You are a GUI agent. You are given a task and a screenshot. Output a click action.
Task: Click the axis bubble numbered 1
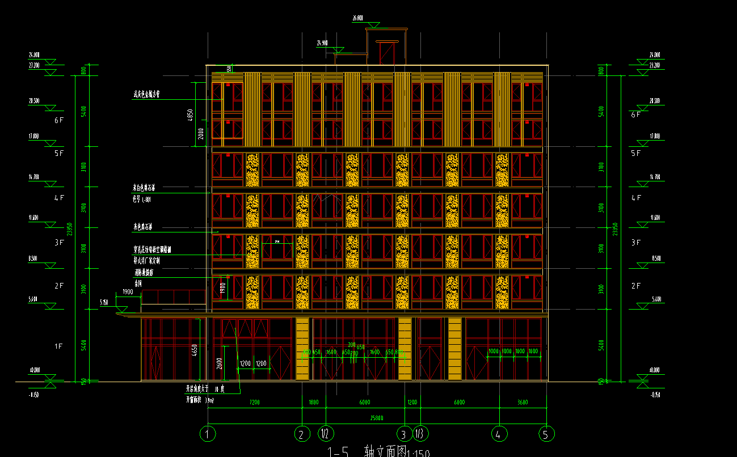208,434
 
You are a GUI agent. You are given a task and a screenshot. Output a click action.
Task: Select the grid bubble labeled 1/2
326,434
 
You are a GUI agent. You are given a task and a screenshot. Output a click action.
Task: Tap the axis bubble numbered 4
499,434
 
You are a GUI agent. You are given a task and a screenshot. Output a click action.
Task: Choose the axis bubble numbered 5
546,434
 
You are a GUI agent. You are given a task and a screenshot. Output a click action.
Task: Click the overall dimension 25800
377,418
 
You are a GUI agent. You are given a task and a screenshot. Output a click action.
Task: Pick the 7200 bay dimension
255,403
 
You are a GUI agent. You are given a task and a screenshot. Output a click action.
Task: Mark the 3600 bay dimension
523,403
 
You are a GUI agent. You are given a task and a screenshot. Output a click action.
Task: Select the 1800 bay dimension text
314,403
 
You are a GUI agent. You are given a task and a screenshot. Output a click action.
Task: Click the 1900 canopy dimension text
128,292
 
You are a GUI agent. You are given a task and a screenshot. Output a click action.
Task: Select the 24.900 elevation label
322,43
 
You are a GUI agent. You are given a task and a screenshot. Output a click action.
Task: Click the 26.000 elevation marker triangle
373,25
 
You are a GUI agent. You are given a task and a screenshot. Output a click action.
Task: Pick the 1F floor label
59,346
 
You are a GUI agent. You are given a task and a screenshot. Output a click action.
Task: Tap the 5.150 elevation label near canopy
104,303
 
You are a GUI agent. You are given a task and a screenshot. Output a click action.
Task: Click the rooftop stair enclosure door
386,54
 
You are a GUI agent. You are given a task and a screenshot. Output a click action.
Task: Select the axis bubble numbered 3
404,434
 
